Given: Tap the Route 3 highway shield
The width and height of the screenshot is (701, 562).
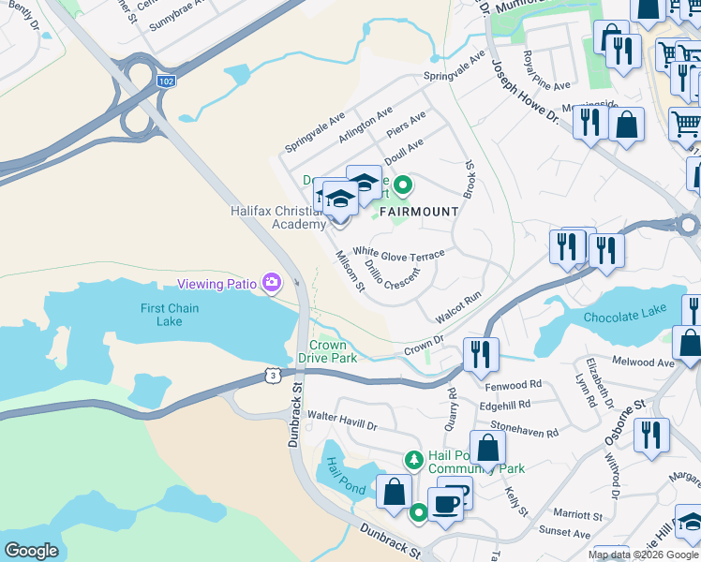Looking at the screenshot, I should click(x=270, y=376).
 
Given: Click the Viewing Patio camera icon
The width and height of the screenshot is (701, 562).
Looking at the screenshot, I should click(x=272, y=282).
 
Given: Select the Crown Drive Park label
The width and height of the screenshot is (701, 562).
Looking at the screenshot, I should click(x=327, y=351).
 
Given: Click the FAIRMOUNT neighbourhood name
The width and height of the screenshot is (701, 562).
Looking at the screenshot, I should click(x=418, y=212).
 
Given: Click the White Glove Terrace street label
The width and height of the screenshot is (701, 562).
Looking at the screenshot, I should click(x=398, y=254).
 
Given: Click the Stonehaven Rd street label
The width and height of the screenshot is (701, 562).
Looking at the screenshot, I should click(x=525, y=433).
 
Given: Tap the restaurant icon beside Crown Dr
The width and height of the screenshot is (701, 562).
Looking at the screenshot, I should click(x=481, y=354).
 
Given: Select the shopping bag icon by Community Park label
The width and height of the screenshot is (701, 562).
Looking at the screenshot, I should click(x=487, y=448).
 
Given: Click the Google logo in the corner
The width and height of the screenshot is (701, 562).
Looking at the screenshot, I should click(x=31, y=550).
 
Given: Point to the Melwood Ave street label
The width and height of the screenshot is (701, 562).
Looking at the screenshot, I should click(x=641, y=362).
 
